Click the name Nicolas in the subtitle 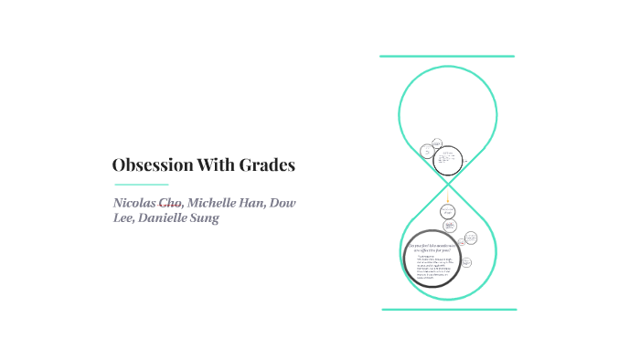click(134, 202)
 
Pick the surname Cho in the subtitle click(171, 202)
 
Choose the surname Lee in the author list click(124, 217)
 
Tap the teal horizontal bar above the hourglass click(447, 57)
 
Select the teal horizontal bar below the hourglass click(449, 310)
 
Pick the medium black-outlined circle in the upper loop click(447, 161)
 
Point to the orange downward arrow click(448, 197)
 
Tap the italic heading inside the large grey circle click(432, 247)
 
